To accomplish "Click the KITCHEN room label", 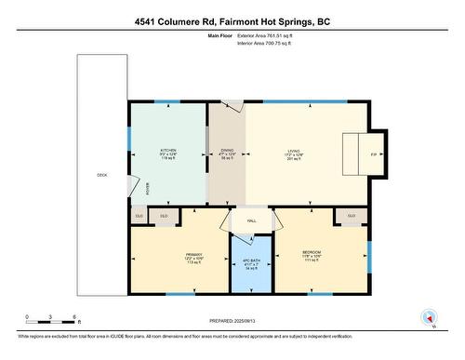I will [167, 151].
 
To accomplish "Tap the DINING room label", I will [227, 150].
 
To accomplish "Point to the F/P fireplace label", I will [373, 153].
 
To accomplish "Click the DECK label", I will [101, 175].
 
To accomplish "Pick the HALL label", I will [251, 220].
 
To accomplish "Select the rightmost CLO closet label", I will [351, 216].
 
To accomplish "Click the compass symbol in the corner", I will [429, 316].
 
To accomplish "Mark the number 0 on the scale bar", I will [27, 316].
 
